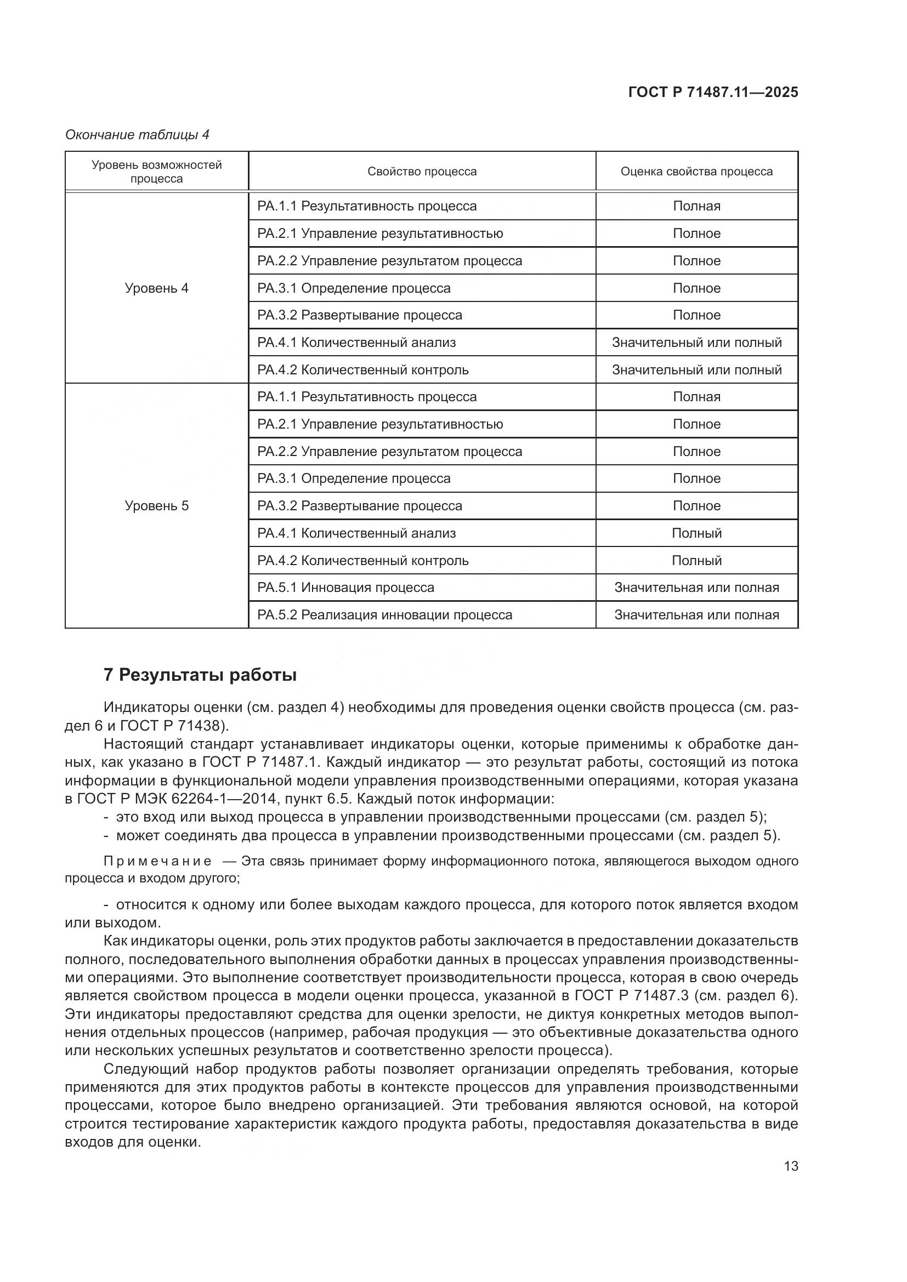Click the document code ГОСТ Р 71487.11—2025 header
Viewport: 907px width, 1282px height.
click(x=713, y=92)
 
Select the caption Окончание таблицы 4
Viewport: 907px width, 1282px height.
click(x=138, y=135)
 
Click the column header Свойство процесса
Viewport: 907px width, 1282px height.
click(x=422, y=172)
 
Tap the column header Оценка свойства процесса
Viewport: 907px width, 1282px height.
click(x=696, y=172)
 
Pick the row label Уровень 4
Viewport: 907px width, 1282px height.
click(x=156, y=288)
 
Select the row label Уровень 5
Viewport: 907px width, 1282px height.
click(x=156, y=506)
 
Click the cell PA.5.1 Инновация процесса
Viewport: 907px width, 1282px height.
click(x=345, y=588)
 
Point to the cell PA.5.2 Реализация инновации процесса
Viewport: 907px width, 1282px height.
click(x=384, y=615)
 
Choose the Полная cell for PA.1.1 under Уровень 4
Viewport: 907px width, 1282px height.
click(x=696, y=206)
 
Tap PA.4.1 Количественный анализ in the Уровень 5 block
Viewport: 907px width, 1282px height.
click(x=356, y=533)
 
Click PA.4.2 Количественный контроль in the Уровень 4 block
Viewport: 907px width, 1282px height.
click(x=362, y=369)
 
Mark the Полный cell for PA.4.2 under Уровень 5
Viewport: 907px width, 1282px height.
click(x=696, y=561)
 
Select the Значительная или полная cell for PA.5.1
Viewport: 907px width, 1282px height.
click(x=696, y=588)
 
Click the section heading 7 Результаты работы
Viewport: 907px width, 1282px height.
click(x=200, y=675)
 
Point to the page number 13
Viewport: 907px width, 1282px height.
click(x=791, y=1166)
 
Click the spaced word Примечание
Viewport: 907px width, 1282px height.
click(x=157, y=861)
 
